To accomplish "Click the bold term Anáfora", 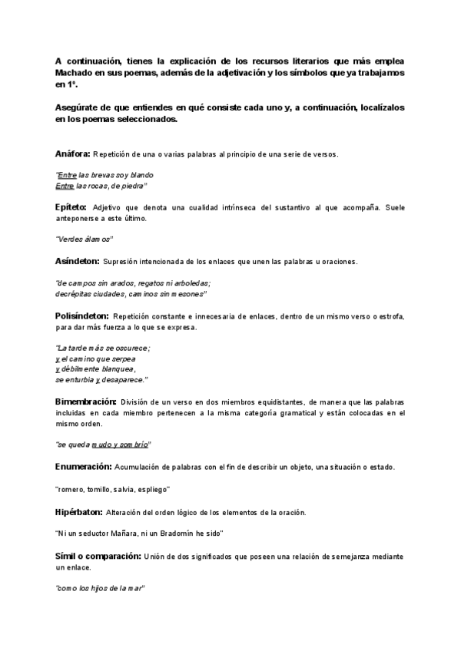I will point(73,154).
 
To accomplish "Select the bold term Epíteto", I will point(71,207).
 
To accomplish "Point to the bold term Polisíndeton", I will point(82,316).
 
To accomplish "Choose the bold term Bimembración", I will point(86,402).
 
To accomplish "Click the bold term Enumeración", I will point(83,467).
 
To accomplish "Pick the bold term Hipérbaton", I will point(80,511).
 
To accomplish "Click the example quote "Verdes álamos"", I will point(85,239).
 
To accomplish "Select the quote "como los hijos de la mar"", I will point(100,588).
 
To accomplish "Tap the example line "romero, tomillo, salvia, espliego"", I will point(113,489).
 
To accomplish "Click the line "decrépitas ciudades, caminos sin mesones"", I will point(131,294).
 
